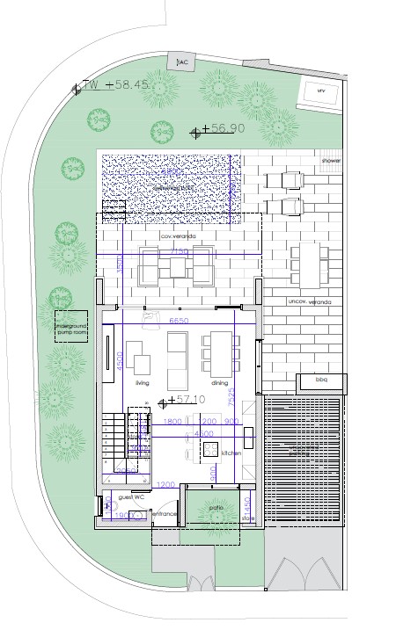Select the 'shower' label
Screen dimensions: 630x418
pyautogui.click(x=330, y=162)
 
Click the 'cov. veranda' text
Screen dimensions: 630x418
pyautogui.click(x=177, y=237)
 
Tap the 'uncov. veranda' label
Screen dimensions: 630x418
pyautogui.click(x=309, y=302)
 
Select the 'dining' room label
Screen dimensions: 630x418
pyautogui.click(x=220, y=384)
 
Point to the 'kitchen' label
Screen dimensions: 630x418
pyautogui.click(x=231, y=453)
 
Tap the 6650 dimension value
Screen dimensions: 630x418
pyautogui.click(x=180, y=322)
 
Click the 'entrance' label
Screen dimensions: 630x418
pyautogui.click(x=165, y=513)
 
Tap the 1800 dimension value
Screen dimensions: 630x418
pyautogui.click(x=172, y=422)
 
